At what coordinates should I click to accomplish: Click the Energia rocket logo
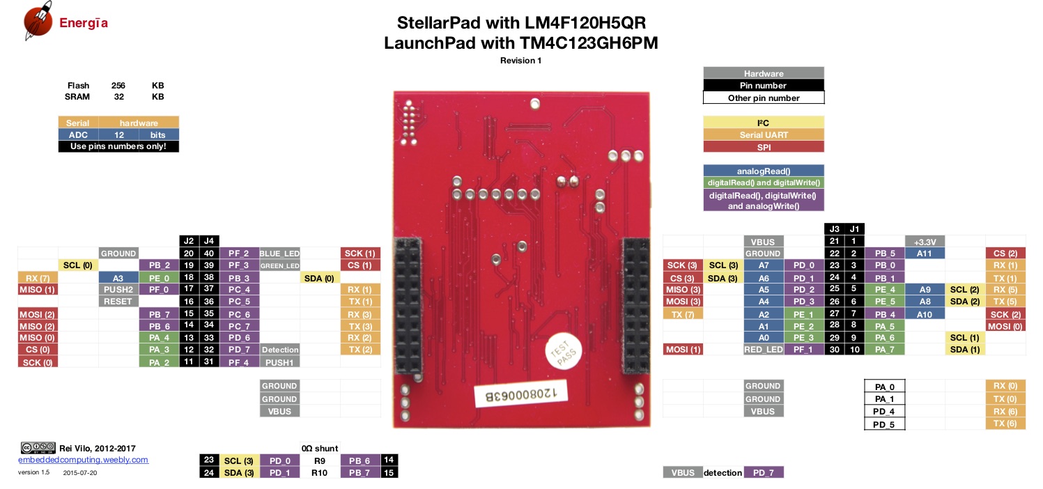pyautogui.click(x=38, y=21)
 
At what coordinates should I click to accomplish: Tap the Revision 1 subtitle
pyautogui.click(x=520, y=61)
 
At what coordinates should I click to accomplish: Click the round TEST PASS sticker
pyautogui.click(x=564, y=351)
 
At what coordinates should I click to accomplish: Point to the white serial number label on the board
pyautogui.click(x=521, y=394)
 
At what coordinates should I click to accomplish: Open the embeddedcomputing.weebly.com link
pyautogui.click(x=84, y=460)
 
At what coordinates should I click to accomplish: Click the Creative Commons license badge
pyautogui.click(x=38, y=448)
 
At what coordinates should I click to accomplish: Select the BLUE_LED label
pyautogui.click(x=279, y=254)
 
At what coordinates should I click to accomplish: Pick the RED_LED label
pyautogui.click(x=763, y=349)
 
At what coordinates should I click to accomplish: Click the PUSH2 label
pyautogui.click(x=118, y=289)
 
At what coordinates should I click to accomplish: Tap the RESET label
pyautogui.click(x=118, y=302)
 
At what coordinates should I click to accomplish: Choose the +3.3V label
pyautogui.click(x=925, y=242)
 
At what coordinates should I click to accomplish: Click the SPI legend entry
pyautogui.click(x=764, y=147)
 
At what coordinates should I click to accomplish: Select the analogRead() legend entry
pyautogui.click(x=764, y=171)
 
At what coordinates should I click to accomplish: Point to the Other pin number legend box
pyautogui.click(x=764, y=98)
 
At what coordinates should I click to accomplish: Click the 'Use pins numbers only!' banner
pyautogui.click(x=118, y=146)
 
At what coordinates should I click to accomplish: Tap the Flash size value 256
pyautogui.click(x=118, y=86)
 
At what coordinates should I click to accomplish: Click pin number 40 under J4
pyautogui.click(x=209, y=254)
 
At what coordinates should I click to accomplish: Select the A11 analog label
pyautogui.click(x=925, y=254)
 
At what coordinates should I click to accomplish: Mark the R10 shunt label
pyautogui.click(x=319, y=473)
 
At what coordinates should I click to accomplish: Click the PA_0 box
pyautogui.click(x=885, y=387)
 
